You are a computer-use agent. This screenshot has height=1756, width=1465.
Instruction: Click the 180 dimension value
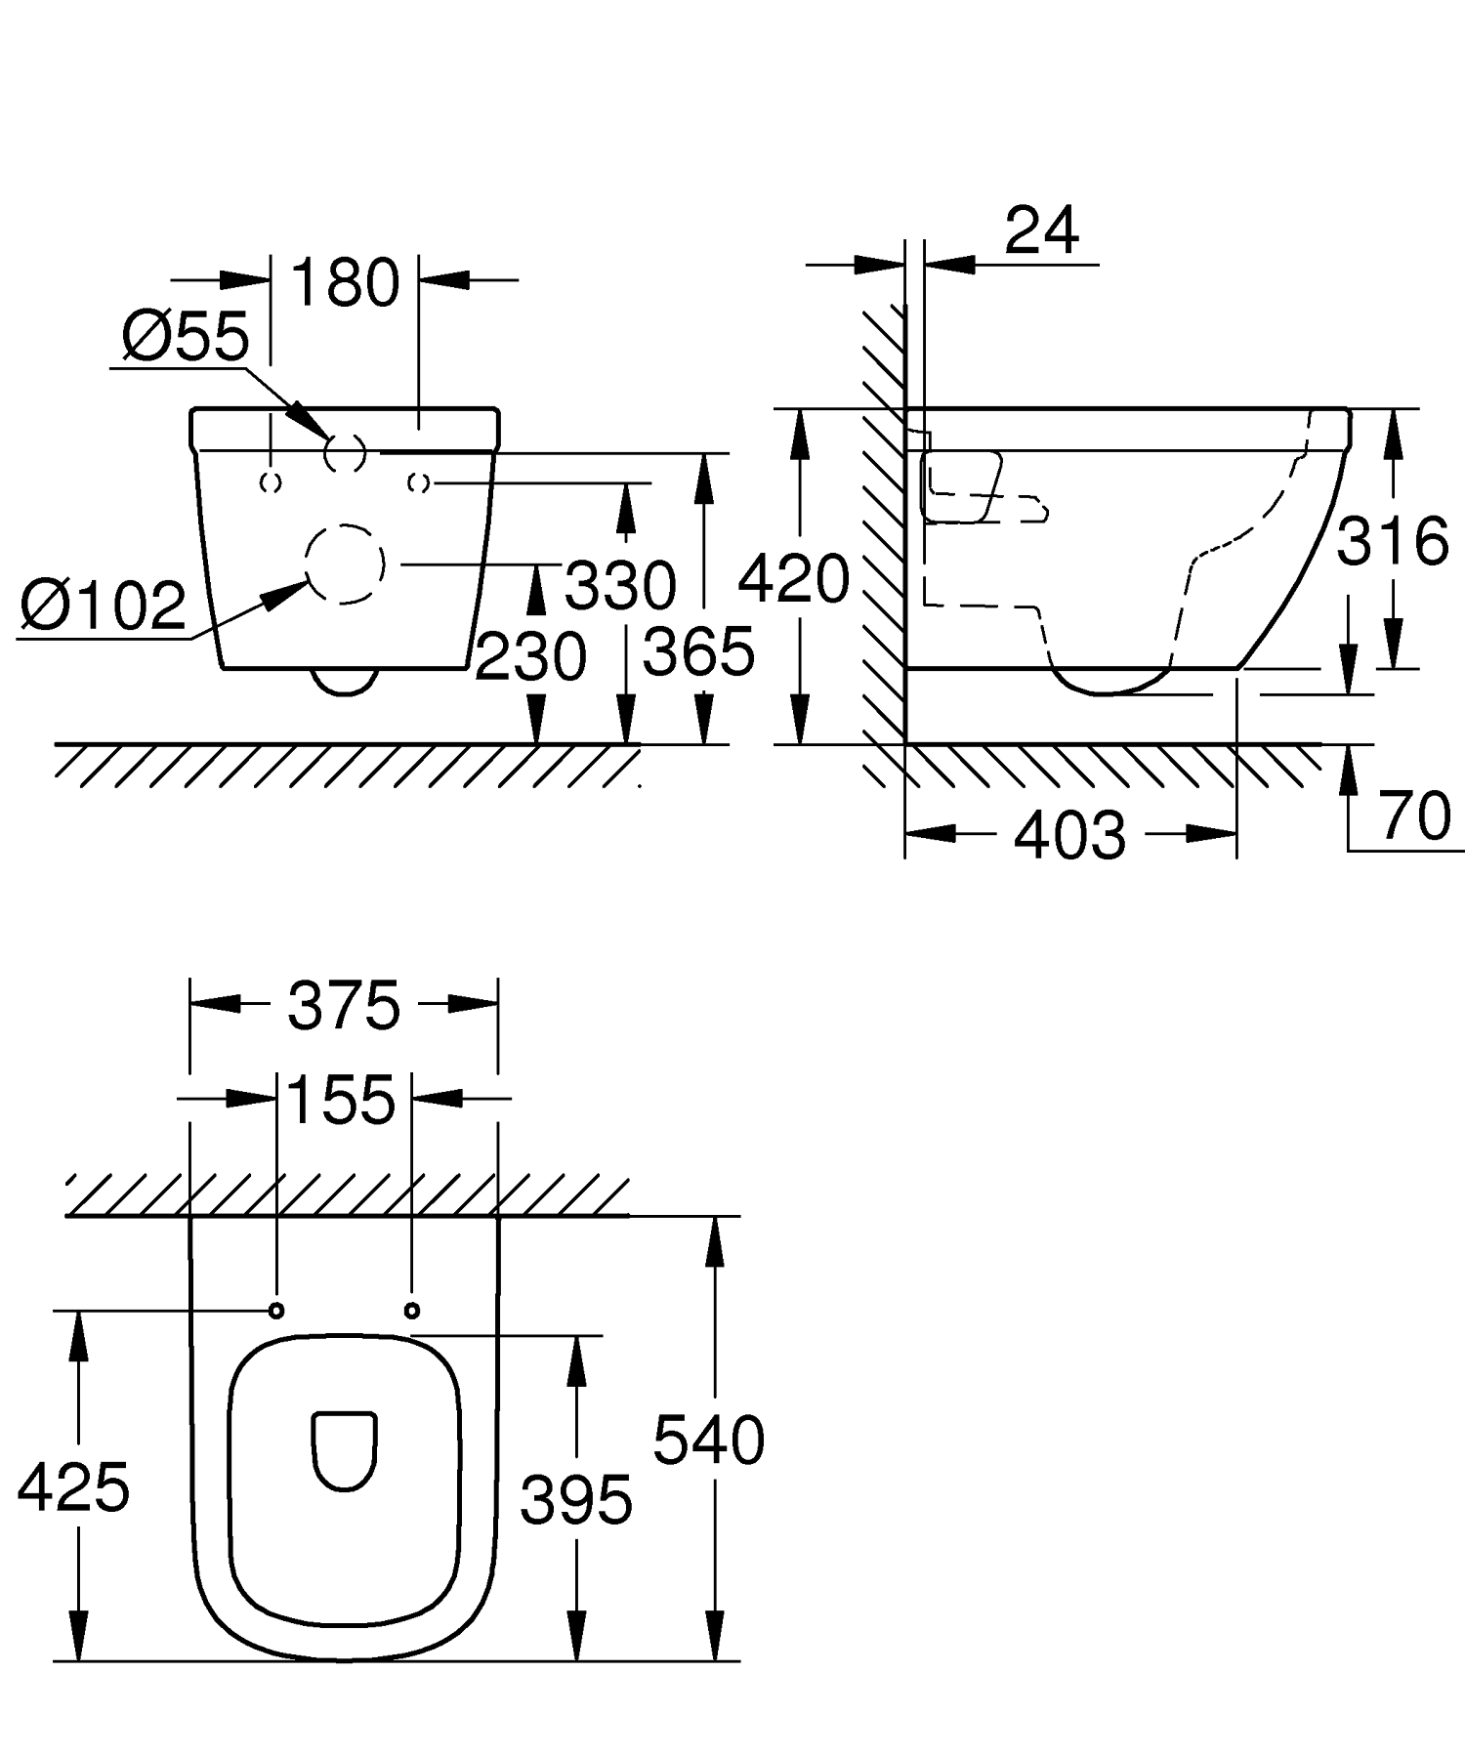(345, 283)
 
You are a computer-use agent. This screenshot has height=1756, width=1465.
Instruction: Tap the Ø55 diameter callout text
(186, 337)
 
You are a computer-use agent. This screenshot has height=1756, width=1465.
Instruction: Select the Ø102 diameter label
(104, 606)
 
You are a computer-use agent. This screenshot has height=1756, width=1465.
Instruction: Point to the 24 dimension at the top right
(1042, 231)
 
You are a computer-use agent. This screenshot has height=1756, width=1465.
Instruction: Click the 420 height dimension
(793, 579)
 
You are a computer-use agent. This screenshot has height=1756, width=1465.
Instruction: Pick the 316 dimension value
(1392, 541)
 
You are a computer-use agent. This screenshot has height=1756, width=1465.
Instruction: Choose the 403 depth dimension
(1069, 836)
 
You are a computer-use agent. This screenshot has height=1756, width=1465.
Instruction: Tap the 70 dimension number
(1415, 815)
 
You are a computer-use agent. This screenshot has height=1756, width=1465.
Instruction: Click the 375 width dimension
(344, 1006)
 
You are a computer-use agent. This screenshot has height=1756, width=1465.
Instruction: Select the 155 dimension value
(342, 1100)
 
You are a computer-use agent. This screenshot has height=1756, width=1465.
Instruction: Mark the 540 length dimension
(708, 1440)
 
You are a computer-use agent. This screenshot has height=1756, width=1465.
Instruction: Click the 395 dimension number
(576, 1499)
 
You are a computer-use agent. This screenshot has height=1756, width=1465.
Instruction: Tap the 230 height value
(530, 655)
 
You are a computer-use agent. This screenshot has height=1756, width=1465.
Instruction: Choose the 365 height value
(699, 651)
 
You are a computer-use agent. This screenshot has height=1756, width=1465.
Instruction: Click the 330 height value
(620, 586)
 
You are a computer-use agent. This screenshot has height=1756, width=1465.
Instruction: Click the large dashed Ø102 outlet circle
(344, 564)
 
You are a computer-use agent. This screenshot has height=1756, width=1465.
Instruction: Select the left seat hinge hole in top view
(276, 1310)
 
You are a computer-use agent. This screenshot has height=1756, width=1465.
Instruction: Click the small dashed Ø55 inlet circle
(345, 452)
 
